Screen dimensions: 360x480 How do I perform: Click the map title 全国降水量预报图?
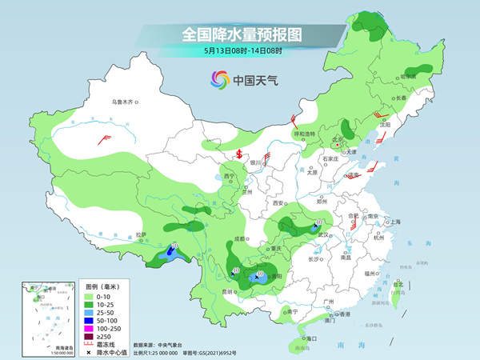[x=241, y=35]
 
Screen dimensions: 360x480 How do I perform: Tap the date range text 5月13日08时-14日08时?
[x=241, y=52]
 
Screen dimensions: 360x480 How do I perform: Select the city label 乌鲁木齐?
[x=126, y=102]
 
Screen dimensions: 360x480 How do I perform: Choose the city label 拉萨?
[x=141, y=235]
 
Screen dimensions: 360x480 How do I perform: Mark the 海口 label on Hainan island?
[x=302, y=340]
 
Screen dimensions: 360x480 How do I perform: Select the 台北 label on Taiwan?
[x=398, y=283]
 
